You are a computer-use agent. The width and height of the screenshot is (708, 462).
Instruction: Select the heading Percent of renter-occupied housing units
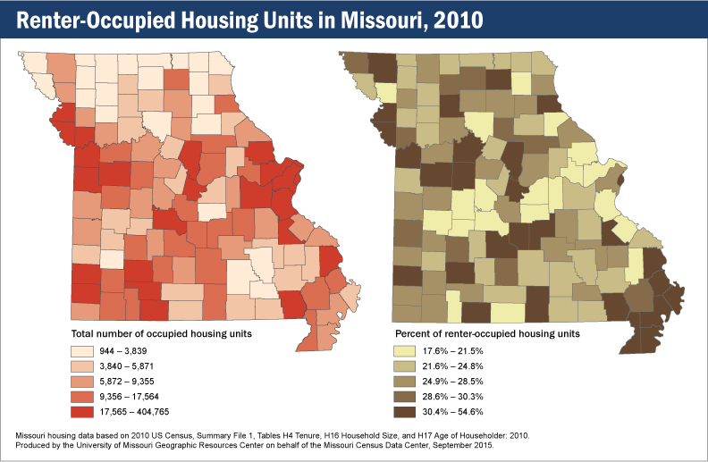click(488, 333)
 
